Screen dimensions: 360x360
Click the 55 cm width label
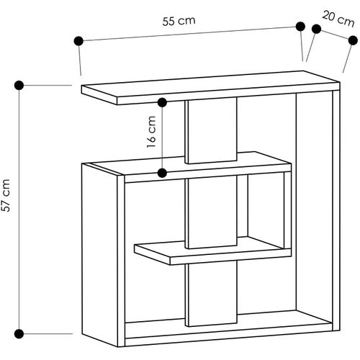pos(179,21)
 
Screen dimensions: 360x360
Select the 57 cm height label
pos(6,195)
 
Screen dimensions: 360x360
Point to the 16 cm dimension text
pos(151,132)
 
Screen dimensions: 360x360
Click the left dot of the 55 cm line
pos(78,41)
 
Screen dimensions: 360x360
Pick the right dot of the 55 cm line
pos(300,27)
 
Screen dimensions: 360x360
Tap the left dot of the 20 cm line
pos(316,29)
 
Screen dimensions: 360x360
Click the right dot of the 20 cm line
pos(353,40)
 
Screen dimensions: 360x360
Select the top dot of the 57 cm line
pos(19,85)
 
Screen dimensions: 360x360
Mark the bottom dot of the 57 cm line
pos(19,334)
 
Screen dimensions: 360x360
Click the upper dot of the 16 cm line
pos(163,102)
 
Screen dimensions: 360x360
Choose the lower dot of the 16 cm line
pos(163,173)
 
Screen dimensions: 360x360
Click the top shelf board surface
pos(209,84)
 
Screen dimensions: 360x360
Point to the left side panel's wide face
pos(99,254)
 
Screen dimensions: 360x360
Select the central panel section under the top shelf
pos(212,130)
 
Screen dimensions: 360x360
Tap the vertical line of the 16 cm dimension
pos(163,138)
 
